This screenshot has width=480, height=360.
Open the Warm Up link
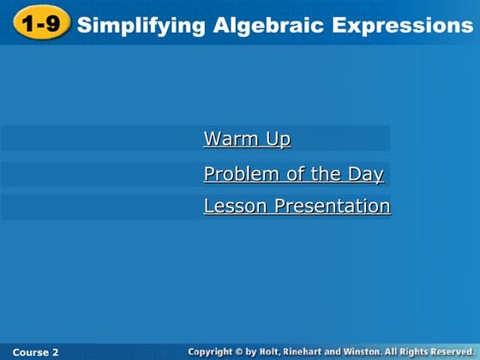tap(247, 139)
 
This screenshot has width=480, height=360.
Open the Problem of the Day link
tap(293, 175)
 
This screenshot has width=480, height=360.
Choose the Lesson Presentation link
tap(297, 207)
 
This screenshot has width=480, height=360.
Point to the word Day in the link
tap(366, 175)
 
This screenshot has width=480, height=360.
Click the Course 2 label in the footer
tap(36, 352)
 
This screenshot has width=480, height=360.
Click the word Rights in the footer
tap(416, 352)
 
